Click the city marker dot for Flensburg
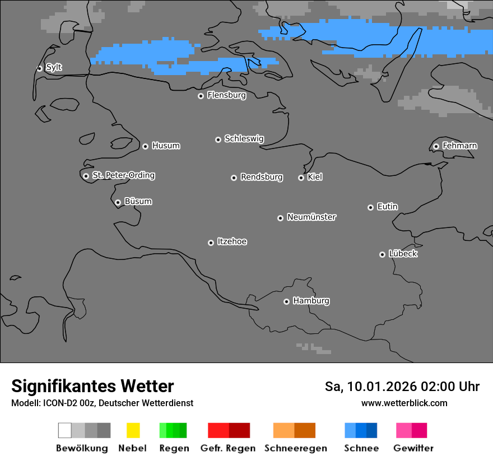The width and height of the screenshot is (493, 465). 201,96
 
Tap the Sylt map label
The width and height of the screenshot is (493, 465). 54,67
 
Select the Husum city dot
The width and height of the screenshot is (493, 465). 145,146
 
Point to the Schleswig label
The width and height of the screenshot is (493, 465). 244,138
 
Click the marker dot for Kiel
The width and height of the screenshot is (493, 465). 301,178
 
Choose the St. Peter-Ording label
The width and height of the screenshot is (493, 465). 123,175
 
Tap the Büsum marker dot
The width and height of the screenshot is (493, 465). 118,202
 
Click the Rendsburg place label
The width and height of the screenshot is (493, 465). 262,177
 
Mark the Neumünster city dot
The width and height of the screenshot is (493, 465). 280,218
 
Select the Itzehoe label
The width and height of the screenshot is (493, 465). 232,241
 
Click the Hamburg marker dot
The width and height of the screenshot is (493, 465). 286,301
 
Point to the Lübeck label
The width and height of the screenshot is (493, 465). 403,254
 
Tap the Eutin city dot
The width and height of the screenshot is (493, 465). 370,207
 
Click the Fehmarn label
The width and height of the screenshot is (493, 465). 459,146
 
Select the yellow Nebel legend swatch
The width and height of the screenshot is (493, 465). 133,430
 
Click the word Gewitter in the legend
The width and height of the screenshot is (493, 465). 413,448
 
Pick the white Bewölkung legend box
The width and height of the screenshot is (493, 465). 65,430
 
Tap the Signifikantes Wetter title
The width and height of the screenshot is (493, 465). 92,386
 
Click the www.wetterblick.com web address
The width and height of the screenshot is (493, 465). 404,403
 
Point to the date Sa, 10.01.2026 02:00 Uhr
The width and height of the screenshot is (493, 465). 402,387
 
